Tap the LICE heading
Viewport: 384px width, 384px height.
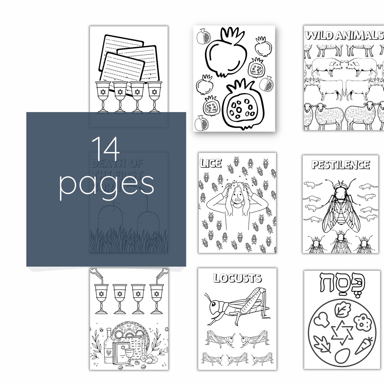click(211, 163)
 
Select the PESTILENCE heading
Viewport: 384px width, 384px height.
click(341, 165)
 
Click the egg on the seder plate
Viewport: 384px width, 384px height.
click(342, 356)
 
